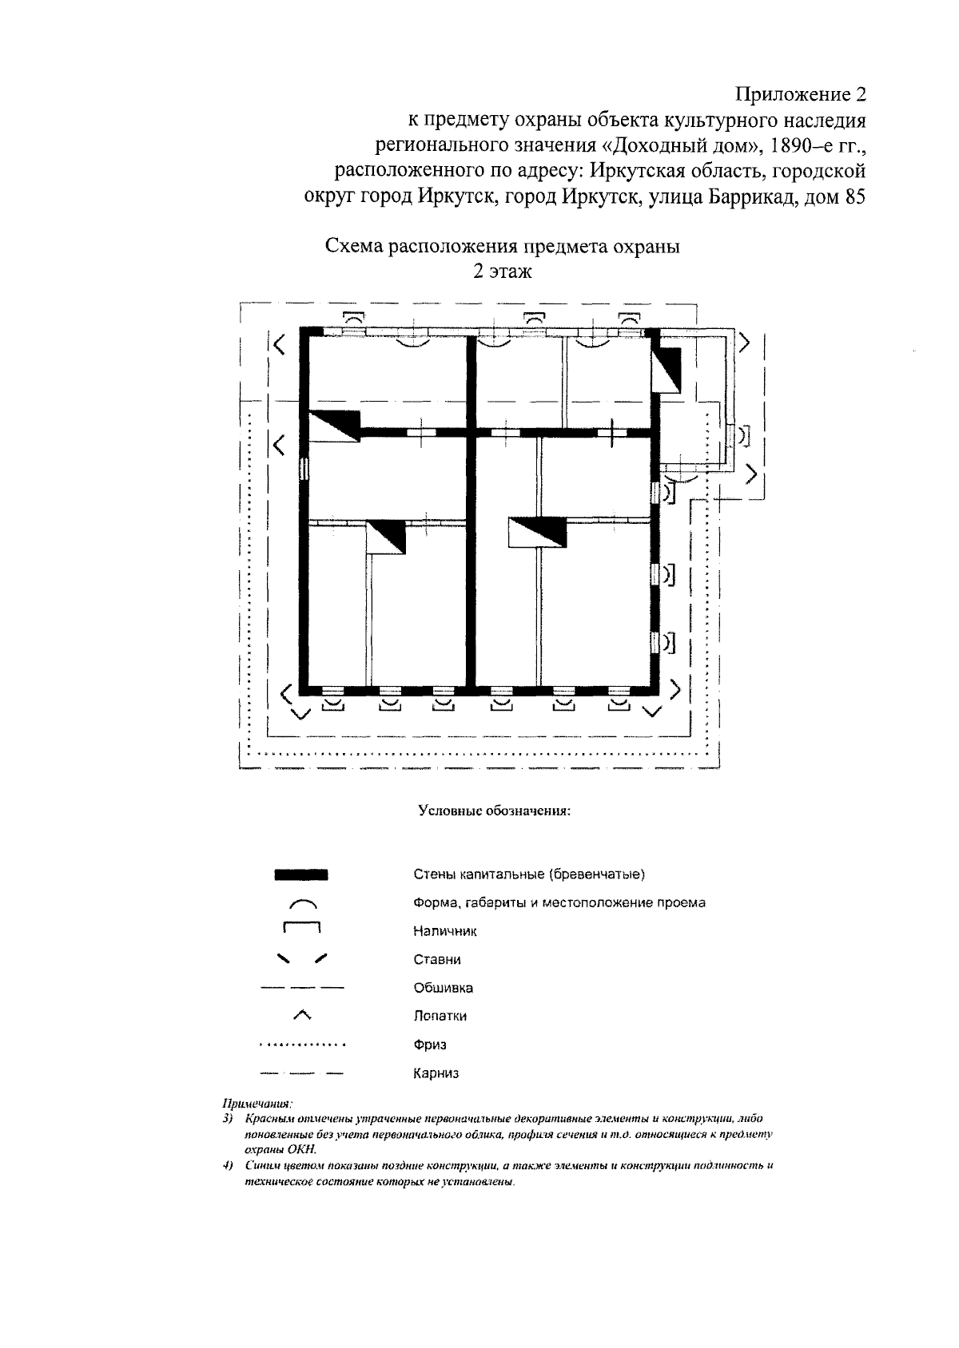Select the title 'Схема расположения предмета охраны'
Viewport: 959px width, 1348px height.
pos(502,246)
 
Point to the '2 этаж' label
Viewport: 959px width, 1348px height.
pos(502,272)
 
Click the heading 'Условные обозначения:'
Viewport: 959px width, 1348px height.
pos(494,811)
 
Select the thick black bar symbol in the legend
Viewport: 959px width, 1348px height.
pos(301,874)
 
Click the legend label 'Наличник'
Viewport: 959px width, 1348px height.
pos(445,931)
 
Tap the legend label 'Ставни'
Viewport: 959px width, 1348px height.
pos(437,959)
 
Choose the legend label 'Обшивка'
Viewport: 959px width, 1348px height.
pos(444,988)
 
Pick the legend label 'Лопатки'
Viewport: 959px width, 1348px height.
pos(440,1016)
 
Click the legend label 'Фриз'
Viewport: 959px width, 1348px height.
pos(430,1045)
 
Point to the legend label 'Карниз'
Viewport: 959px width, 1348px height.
pos(436,1073)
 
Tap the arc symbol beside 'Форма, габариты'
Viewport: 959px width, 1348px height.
pos(302,904)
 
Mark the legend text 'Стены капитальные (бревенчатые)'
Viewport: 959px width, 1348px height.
pos(529,874)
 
